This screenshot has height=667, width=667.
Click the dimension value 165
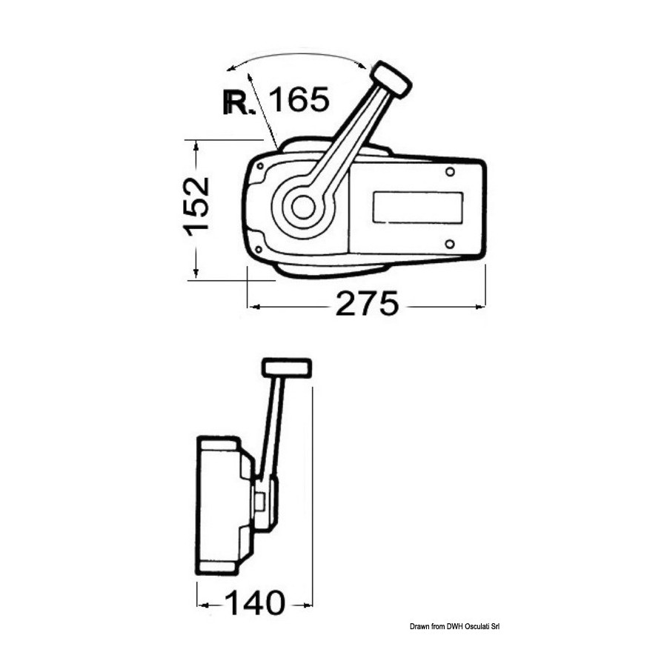pos(300,99)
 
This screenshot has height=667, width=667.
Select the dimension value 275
pos(368,303)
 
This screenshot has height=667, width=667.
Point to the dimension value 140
pos(254,603)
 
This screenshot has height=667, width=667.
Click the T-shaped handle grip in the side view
pos(287,368)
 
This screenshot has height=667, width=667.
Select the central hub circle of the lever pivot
pos(303,208)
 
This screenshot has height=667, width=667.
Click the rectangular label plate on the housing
pos(418,208)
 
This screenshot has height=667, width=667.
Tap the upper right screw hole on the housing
pos(450,171)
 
